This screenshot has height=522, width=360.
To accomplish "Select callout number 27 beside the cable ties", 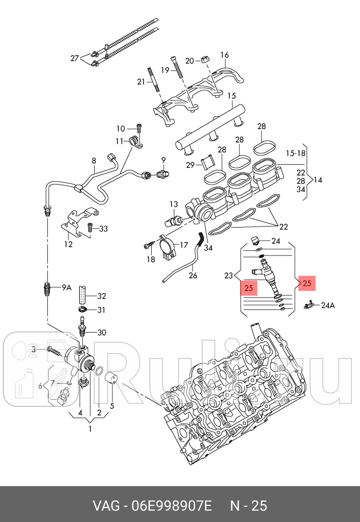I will click(75, 59).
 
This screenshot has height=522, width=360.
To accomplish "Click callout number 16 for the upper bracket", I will click(224, 55).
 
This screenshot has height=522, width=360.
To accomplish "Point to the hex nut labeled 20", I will click(204, 59).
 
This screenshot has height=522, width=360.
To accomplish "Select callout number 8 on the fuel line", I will click(94, 160).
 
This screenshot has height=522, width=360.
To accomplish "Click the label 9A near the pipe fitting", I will click(66, 288).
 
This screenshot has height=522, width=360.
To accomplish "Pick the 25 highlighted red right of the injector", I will click(307, 283).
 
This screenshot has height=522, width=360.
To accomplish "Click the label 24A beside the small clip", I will click(328, 305).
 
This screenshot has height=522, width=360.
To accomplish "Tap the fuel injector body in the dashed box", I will click(267, 274).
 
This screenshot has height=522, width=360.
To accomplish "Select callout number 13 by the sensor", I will click(173, 204).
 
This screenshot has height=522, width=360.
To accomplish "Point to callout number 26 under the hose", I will click(193, 276).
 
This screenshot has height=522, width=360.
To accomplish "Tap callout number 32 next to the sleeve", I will click(101, 295).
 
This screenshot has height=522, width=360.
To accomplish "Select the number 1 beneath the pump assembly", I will click(90, 429).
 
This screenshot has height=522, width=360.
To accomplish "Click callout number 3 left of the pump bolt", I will click(33, 350).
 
